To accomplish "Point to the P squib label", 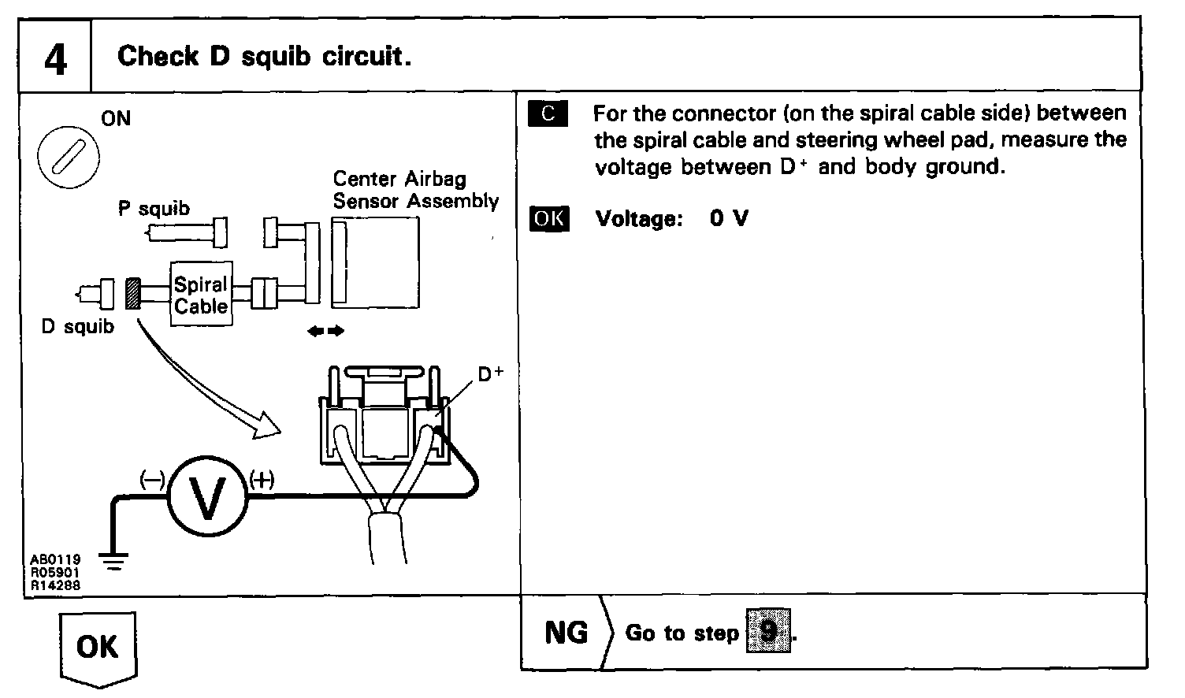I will pyautogui.click(x=154, y=208).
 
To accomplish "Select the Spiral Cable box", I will pyautogui.click(x=201, y=295).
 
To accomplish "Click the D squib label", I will pyautogui.click(x=77, y=326).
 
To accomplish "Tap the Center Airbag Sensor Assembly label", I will pyautogui.click(x=415, y=190).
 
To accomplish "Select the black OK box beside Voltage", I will pyautogui.click(x=548, y=218).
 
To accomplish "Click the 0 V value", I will pyautogui.click(x=728, y=218).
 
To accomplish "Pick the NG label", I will pyautogui.click(x=566, y=633).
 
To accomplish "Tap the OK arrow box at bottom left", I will pyautogui.click(x=98, y=648).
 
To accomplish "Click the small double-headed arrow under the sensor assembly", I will pyautogui.click(x=325, y=332).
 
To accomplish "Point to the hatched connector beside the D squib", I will pyautogui.click(x=132, y=293).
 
